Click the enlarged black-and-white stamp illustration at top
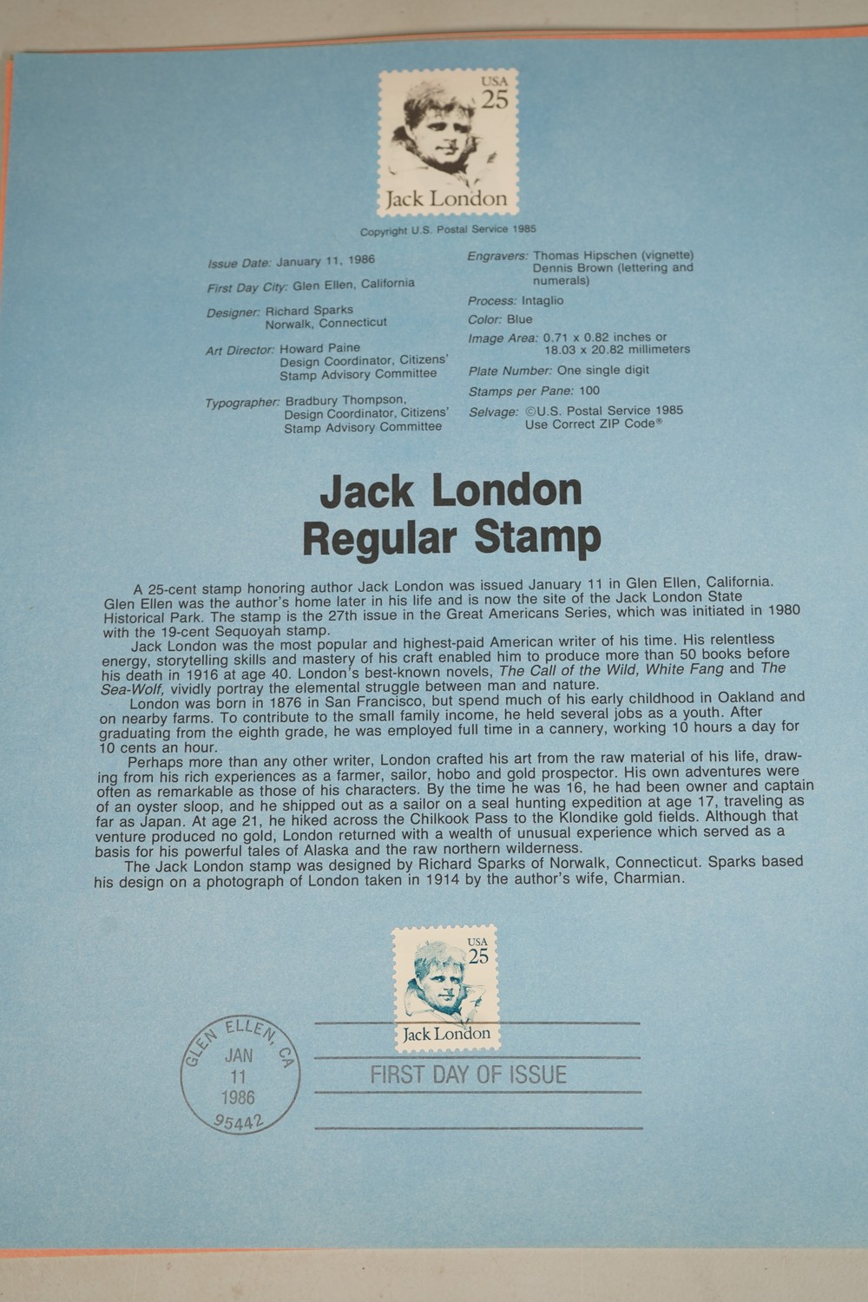pos(448,141)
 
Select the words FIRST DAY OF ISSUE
pos(468,1075)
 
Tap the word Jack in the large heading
pos(366,491)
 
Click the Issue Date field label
pos(239,263)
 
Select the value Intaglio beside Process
pos(542,300)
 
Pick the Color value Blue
pos(519,319)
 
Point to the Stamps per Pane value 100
pos(589,391)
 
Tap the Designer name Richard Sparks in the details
pos(309,311)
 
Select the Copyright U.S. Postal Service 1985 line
pos(448,230)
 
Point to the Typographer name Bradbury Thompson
pos(345,401)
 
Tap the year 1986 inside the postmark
pos(239,1097)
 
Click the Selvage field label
pos(493,411)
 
